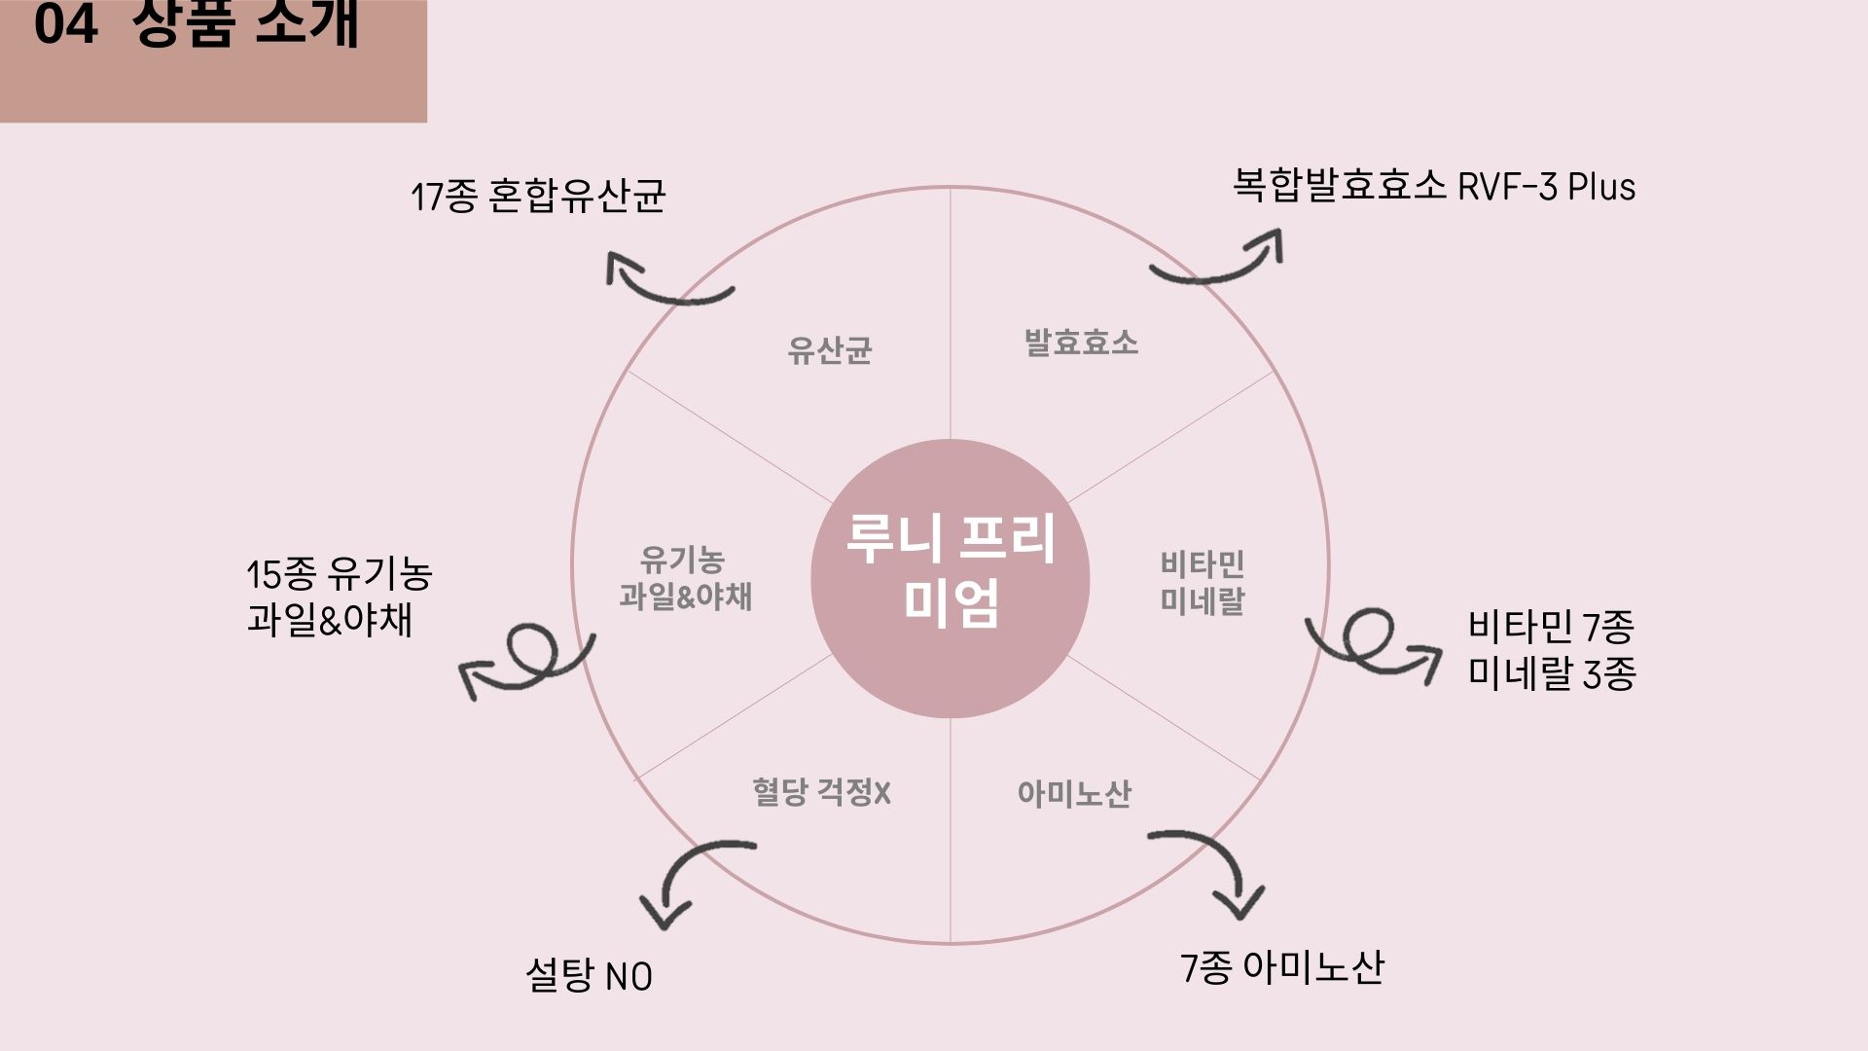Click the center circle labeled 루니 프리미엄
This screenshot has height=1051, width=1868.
point(950,578)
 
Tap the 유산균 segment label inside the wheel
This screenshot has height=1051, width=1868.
point(829,350)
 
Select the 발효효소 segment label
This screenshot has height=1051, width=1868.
point(1081,343)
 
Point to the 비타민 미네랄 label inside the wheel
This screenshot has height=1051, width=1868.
point(1203,582)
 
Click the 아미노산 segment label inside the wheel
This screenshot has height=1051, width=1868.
point(1074,794)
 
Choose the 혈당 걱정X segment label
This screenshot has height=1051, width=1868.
point(821,792)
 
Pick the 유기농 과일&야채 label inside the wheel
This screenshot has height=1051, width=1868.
point(685,578)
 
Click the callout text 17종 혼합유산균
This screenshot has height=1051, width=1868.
point(538,197)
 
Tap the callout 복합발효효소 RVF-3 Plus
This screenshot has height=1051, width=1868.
point(1434,186)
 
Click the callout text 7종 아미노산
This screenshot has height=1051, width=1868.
point(1281,968)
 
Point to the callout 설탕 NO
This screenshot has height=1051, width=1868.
point(589,975)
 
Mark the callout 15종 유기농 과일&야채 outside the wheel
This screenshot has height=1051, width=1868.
point(339,596)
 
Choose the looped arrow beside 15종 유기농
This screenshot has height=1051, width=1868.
point(527,660)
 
